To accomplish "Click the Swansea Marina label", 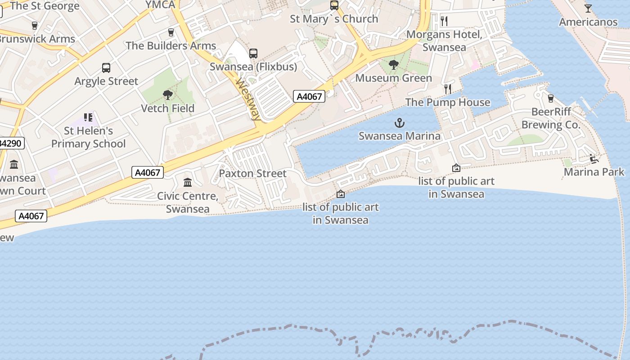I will (x=400, y=135).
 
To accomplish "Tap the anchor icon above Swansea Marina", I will (x=400, y=122).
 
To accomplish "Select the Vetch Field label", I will (x=168, y=108).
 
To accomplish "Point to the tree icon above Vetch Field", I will (x=168, y=95).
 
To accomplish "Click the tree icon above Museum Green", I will (x=394, y=65).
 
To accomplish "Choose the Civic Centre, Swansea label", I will (x=188, y=202).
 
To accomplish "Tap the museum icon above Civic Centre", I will (x=188, y=182).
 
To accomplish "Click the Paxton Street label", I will (x=252, y=173).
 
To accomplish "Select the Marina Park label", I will (x=594, y=172).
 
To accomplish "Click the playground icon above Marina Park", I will (x=594, y=158).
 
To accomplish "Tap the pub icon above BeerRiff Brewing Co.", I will (x=550, y=98).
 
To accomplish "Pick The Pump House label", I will (x=448, y=103).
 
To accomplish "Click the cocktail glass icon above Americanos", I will (x=588, y=9).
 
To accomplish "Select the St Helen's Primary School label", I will (x=88, y=137).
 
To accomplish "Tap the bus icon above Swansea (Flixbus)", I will (x=253, y=54).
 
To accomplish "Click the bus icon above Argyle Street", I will (x=106, y=68).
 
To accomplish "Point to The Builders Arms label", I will (x=171, y=46).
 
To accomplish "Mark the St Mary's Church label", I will (x=334, y=19).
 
